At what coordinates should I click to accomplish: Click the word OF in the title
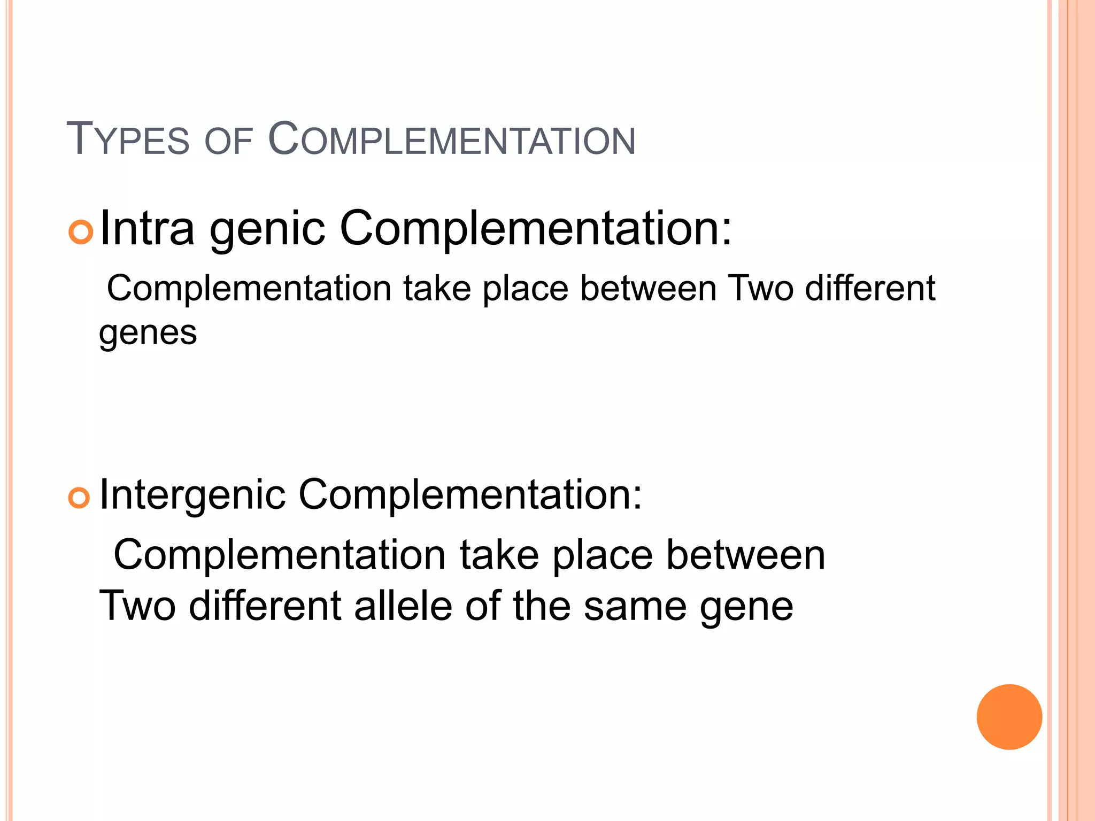click(228, 142)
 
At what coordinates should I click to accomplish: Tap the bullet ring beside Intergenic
click(79, 498)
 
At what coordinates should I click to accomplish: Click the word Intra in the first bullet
click(147, 228)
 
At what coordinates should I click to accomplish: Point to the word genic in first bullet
click(267, 231)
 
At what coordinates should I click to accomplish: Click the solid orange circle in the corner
click(1009, 717)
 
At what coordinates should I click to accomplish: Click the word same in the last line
click(635, 607)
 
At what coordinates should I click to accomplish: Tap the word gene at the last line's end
click(746, 608)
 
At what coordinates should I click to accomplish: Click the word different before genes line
click(870, 289)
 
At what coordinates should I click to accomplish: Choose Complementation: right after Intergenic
click(470, 494)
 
